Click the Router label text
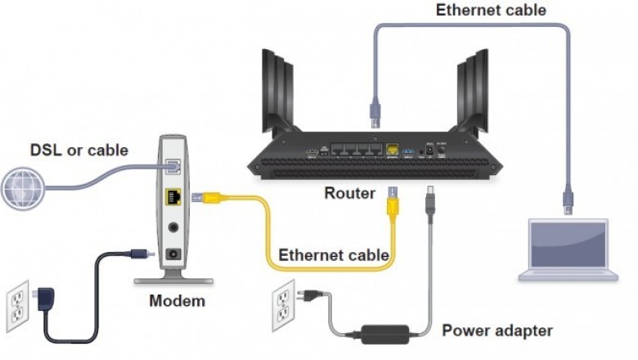[x=350, y=194]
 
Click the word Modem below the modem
[x=177, y=301]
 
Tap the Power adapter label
[x=497, y=331]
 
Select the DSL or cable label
[x=79, y=150]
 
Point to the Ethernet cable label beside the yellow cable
[x=334, y=254]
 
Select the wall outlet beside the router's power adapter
[x=283, y=303]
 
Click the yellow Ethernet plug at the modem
[x=204, y=197]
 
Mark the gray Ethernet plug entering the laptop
[x=567, y=200]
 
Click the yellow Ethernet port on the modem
[x=173, y=197]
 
